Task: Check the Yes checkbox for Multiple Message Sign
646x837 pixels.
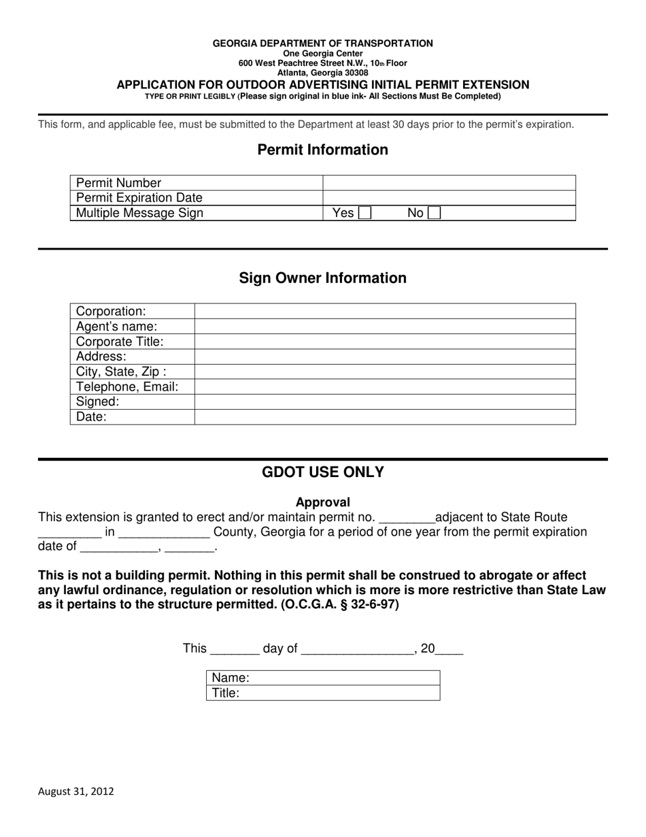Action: point(364,213)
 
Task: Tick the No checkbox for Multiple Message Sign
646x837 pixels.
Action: point(434,213)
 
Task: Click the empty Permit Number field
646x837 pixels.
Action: point(449,182)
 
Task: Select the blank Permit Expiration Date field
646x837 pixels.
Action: point(449,198)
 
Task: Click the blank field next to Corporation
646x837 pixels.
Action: point(385,311)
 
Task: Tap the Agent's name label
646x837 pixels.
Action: point(116,326)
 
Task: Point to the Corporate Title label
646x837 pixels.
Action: point(120,342)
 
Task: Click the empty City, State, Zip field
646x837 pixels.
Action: point(385,372)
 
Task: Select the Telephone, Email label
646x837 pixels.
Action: point(127,387)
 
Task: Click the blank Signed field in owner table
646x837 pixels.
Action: point(385,401)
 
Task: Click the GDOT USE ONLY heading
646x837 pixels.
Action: point(323,472)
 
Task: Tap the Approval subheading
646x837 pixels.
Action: point(323,502)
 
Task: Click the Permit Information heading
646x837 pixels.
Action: point(323,150)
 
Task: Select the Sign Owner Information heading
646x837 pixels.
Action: point(323,278)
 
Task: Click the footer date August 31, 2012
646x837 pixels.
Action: point(76,791)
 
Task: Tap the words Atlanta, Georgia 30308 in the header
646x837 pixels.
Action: point(323,73)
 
